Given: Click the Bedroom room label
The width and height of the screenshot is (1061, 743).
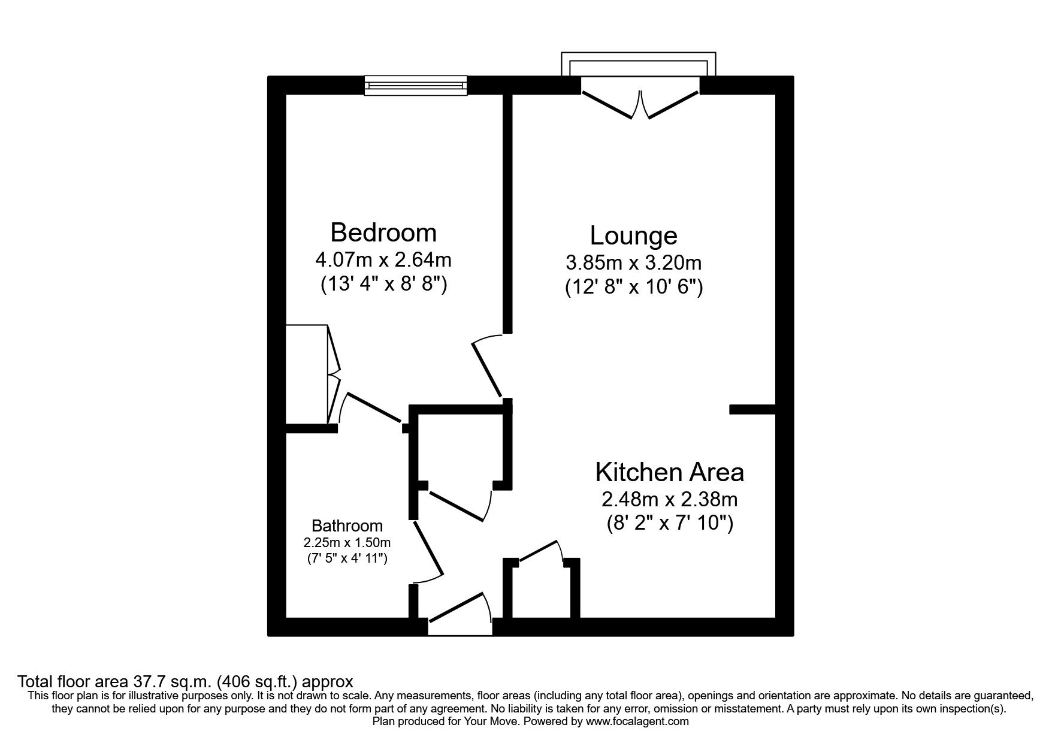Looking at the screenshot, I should [383, 232].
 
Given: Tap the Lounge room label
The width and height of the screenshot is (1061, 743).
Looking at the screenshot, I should [633, 235].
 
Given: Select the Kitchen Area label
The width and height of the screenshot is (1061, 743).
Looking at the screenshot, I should [669, 472].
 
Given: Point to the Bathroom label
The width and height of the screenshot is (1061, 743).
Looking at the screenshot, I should [347, 526].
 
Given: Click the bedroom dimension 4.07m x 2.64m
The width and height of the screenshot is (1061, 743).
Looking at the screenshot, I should [383, 260].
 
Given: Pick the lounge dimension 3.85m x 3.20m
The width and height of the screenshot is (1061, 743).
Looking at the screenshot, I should [633, 262].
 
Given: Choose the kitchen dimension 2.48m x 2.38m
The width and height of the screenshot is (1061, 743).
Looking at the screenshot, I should [669, 499].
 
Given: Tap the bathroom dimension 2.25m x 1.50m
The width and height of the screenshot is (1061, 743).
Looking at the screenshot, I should [347, 543].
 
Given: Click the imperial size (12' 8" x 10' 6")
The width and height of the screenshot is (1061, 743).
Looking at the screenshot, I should [633, 288].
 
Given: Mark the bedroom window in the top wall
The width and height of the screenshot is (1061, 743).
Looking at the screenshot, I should [416, 86].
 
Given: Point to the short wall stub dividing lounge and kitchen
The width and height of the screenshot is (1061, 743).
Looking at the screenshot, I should [752, 409].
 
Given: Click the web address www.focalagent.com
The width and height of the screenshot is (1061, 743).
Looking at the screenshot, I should [637, 721].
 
